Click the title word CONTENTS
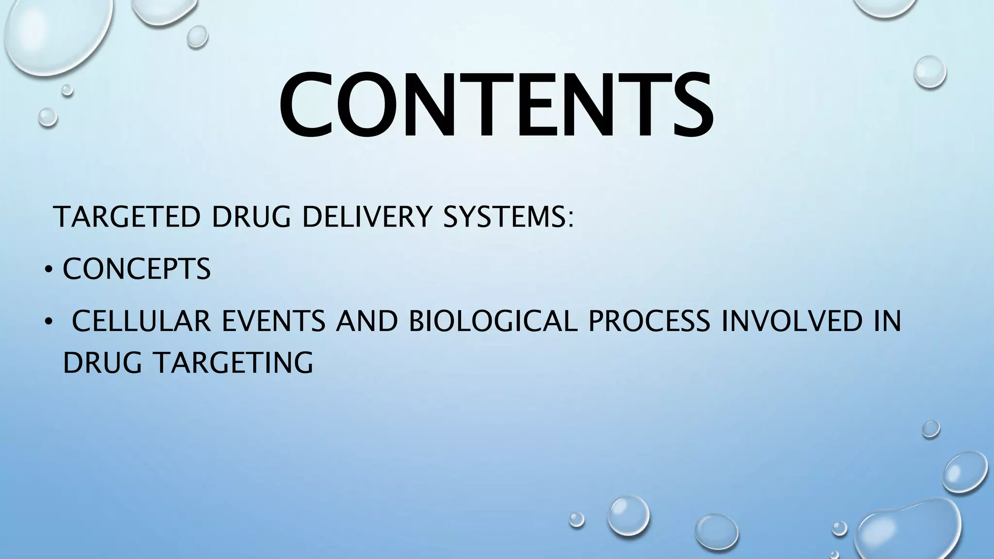coord(496,105)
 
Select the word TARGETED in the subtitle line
coord(128,216)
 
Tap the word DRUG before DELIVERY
coord(250,216)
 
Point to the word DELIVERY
coord(366,216)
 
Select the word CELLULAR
coord(141,321)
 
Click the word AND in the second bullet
coord(367,321)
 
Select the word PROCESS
coord(649,321)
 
